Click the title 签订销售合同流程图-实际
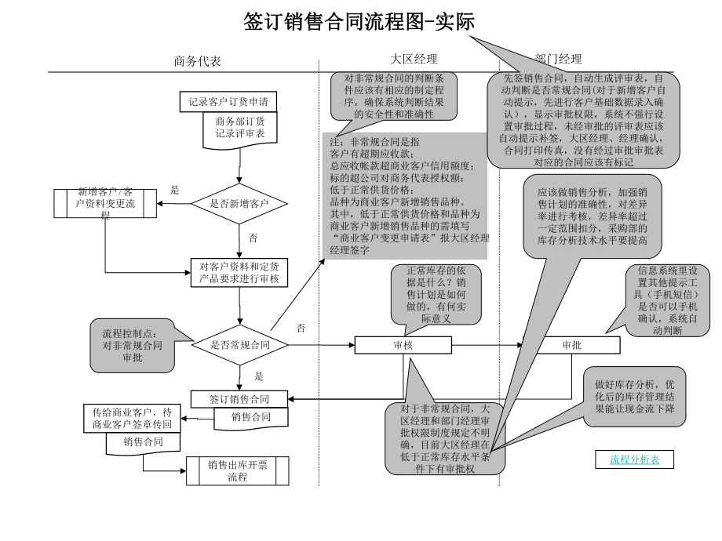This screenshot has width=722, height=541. [x=359, y=21]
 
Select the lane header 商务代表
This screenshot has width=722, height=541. [x=197, y=60]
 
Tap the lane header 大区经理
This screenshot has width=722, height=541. [x=414, y=59]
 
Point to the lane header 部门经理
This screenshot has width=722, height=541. [x=558, y=59]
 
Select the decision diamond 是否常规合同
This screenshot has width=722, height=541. [x=240, y=344]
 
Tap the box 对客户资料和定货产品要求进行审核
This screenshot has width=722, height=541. [x=239, y=272]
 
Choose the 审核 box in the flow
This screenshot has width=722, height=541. [x=403, y=345]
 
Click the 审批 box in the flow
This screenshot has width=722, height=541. [x=571, y=345]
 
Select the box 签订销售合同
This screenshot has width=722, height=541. [x=239, y=398]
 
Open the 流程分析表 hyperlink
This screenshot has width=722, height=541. [x=635, y=460]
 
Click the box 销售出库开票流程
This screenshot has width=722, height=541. [x=237, y=470]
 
